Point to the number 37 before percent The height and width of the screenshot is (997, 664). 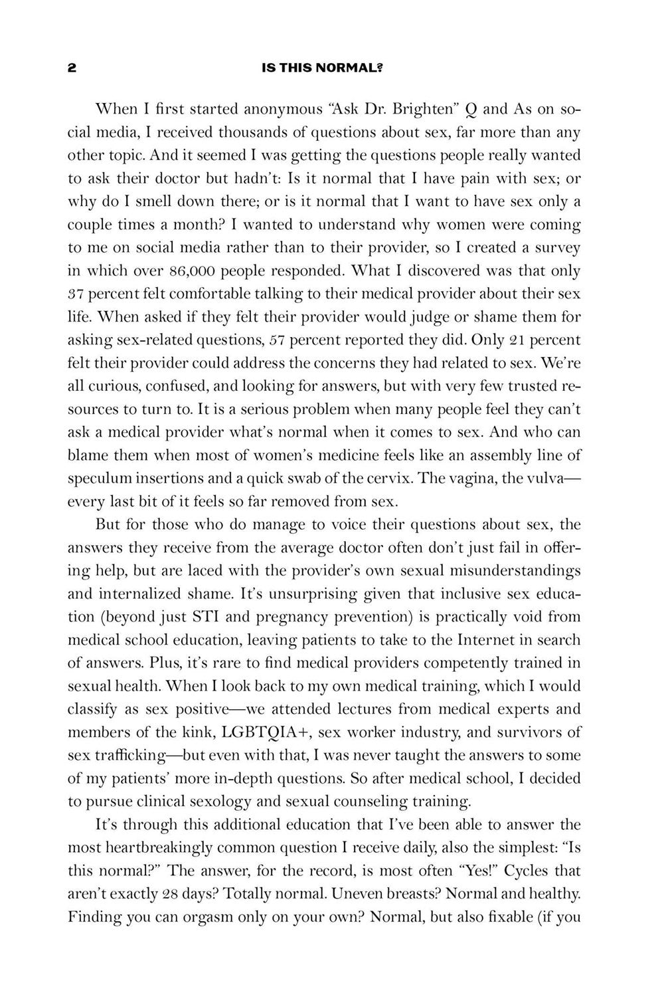point(77,294)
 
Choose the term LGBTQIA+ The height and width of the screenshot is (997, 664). point(264,732)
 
